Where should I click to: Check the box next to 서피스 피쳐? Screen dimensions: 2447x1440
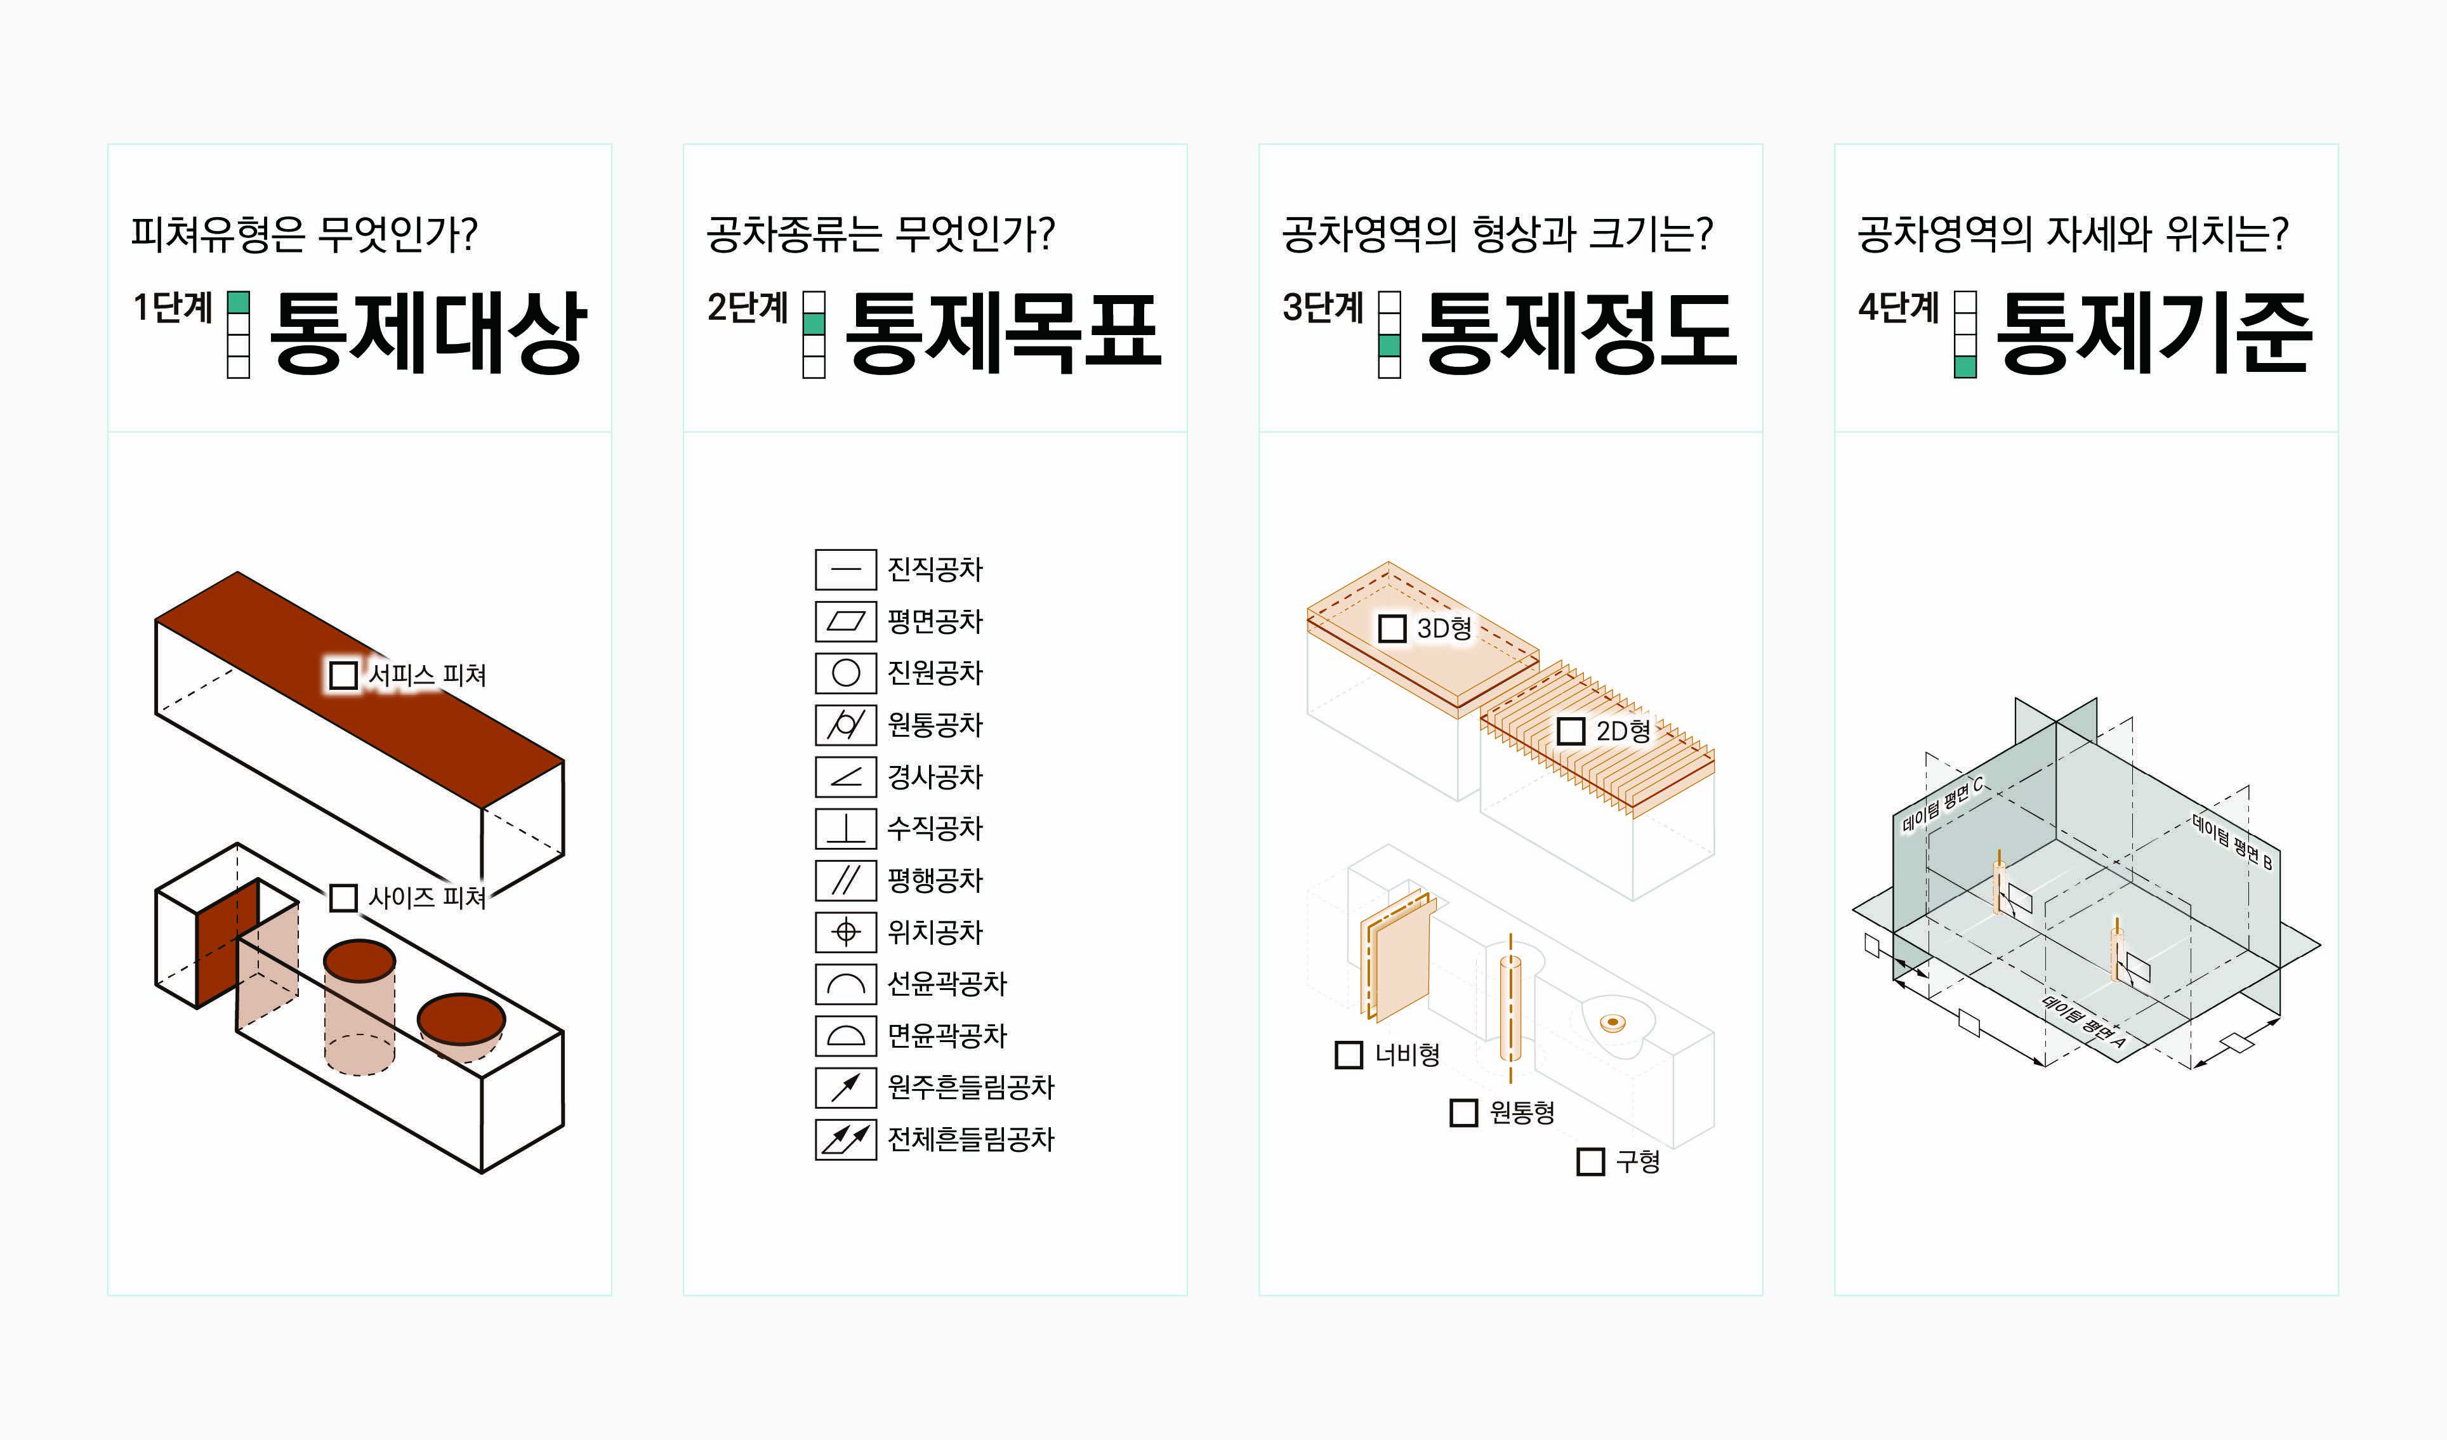(x=343, y=675)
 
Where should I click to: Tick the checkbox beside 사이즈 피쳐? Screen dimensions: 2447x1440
(x=343, y=897)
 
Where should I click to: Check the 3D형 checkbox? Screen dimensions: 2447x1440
(x=1392, y=628)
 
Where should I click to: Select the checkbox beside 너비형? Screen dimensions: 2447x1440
(x=1349, y=1055)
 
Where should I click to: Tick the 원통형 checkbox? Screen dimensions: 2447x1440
(x=1463, y=1112)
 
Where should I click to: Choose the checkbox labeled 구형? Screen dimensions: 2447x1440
(x=1590, y=1161)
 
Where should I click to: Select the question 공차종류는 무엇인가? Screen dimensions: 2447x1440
(x=880, y=234)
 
